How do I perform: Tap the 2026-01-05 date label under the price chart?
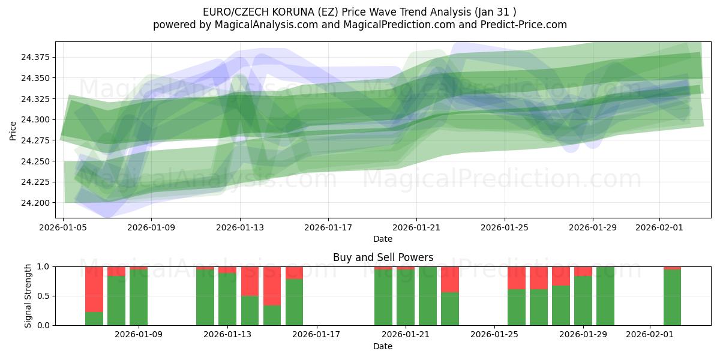(x=63, y=228)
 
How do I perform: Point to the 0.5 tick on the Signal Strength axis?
(x=44, y=296)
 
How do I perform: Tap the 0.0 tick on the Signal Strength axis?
(x=44, y=325)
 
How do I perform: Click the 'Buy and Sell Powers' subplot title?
(x=383, y=257)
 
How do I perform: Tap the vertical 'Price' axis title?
(x=13, y=130)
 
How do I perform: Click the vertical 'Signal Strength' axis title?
(x=28, y=296)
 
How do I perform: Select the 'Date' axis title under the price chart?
(x=383, y=239)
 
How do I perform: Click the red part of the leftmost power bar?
(x=94, y=288)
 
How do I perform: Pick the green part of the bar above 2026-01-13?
(x=227, y=300)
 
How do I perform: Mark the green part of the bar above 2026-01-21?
(x=406, y=298)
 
